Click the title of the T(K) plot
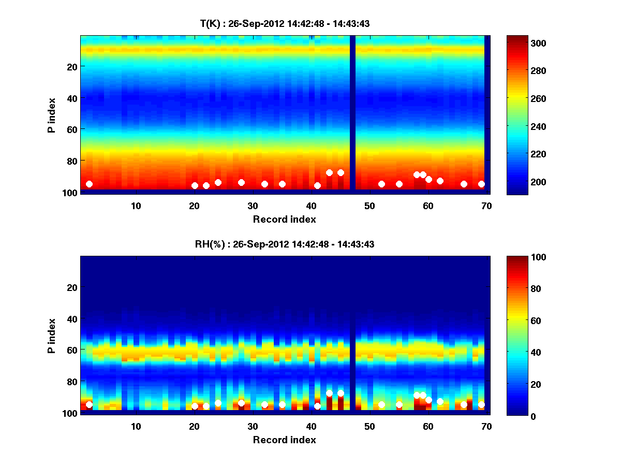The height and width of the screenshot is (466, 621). tap(285, 23)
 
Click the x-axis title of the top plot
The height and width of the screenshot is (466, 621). tap(284, 219)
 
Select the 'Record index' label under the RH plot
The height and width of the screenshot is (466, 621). tap(284, 440)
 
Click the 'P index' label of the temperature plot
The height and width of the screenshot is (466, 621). tap(52, 115)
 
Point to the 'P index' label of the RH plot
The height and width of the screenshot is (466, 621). tap(52, 336)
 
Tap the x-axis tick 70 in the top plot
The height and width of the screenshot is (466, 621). tap(486, 206)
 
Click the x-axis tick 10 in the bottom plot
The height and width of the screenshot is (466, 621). tap(136, 426)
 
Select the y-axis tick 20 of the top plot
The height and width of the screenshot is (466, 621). tap(71, 66)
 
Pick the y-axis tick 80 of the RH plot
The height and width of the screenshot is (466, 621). tap(71, 382)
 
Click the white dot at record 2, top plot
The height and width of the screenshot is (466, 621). tap(89, 184)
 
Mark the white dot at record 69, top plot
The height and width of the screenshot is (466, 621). tap(481, 184)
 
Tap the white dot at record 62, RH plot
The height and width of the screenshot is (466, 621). tap(440, 401)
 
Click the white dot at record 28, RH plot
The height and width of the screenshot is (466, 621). tap(241, 403)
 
